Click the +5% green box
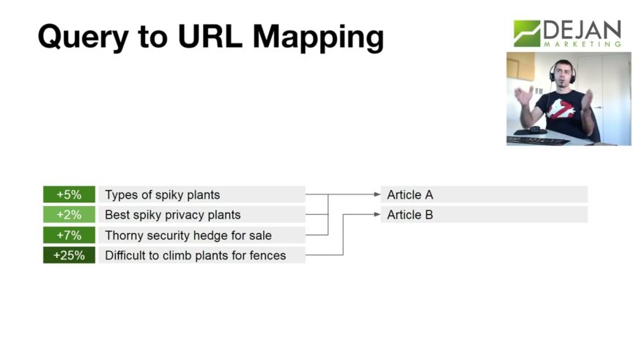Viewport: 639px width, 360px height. coord(70,194)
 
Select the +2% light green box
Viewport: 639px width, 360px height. coord(70,214)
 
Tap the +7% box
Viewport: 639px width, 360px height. coord(70,235)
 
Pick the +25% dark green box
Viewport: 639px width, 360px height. coord(70,255)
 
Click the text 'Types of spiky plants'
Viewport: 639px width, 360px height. coord(162,195)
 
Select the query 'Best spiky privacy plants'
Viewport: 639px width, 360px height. coord(173,215)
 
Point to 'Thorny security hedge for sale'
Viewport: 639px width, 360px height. coord(188,235)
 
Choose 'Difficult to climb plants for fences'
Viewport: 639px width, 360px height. coord(196,256)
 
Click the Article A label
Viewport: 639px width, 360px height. coord(410,195)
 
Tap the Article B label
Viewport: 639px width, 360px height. coord(410,215)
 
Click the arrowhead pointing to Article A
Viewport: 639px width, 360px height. coord(377,194)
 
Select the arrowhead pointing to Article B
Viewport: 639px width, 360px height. coord(377,214)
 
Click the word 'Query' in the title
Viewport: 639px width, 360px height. coord(83,37)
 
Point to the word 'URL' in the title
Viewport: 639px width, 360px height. coord(210,36)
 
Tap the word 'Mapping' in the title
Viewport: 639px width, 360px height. coord(318,38)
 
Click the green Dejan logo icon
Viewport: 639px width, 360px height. coord(527,34)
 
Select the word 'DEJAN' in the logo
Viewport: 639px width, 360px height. coord(582,30)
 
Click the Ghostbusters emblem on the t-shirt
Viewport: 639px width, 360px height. coord(561,109)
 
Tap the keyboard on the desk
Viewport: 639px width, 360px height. coord(538,141)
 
